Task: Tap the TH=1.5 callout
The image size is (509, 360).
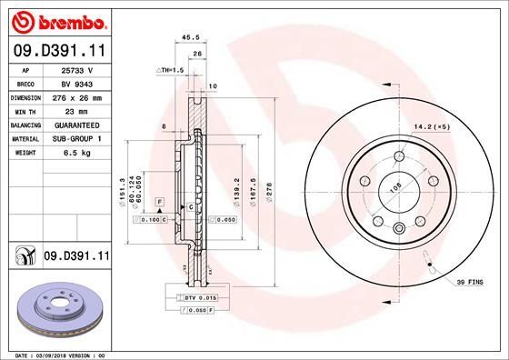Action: (171, 69)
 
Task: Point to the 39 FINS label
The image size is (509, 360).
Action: (472, 283)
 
